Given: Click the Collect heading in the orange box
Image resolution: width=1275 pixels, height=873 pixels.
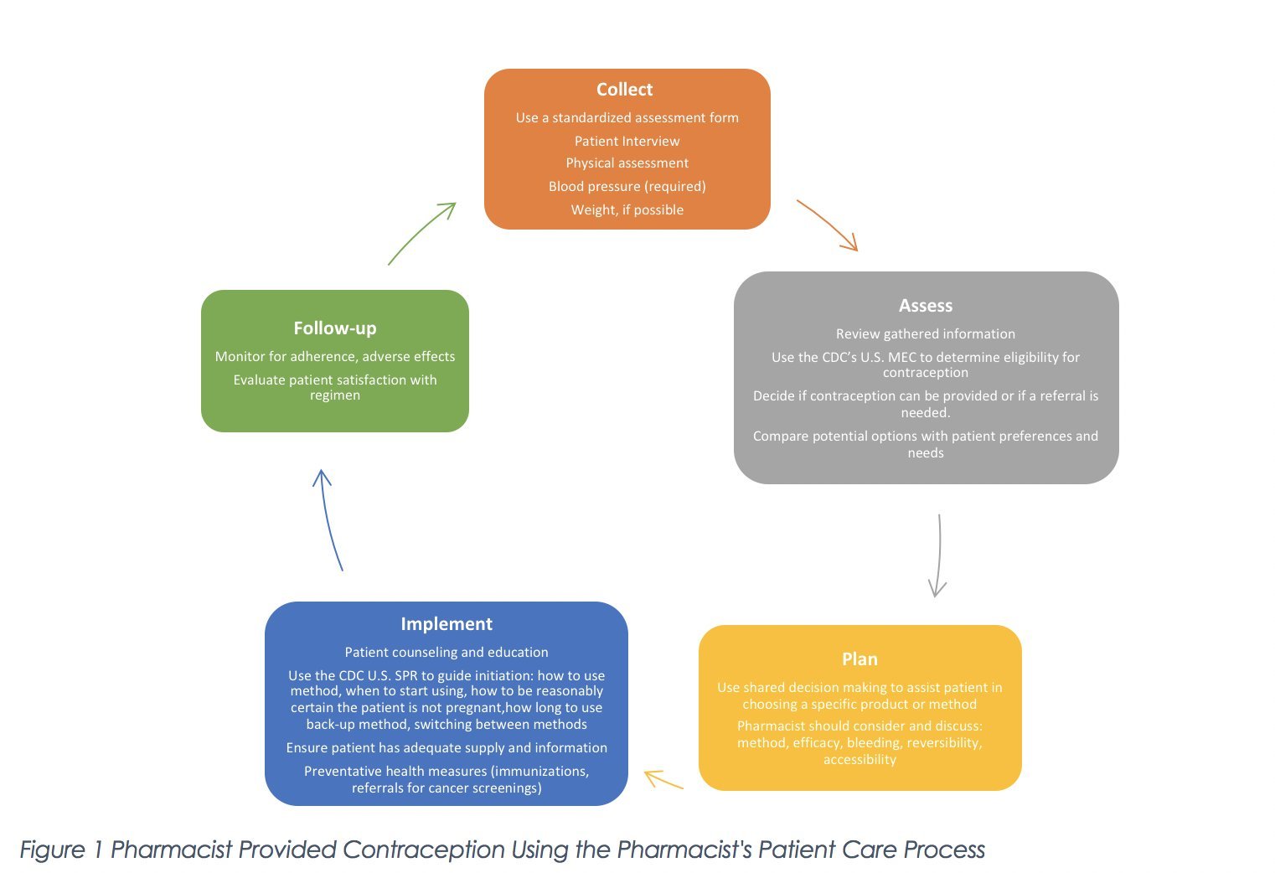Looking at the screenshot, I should [x=624, y=90].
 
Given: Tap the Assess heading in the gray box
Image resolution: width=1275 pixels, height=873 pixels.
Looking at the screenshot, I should [x=925, y=306].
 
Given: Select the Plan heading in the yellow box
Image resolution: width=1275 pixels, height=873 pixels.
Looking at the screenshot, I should [x=859, y=659].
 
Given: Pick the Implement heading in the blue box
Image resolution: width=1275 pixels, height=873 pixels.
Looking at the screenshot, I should [x=446, y=624].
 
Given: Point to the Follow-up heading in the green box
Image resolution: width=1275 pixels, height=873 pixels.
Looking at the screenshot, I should [x=334, y=328].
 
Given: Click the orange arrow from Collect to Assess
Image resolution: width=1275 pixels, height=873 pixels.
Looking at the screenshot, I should [x=828, y=225].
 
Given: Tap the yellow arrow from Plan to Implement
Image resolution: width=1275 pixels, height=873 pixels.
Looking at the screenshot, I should [x=663, y=780].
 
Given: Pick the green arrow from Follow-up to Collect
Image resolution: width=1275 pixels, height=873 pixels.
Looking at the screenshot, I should [x=421, y=234].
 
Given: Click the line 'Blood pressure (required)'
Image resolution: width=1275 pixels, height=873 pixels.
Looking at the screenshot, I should [x=627, y=186].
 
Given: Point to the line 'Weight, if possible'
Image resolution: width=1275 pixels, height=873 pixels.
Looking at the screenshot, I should [x=627, y=209].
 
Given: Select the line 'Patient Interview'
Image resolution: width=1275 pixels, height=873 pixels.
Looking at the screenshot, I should [x=627, y=141].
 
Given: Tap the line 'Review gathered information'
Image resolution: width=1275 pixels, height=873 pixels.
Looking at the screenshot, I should [x=925, y=333].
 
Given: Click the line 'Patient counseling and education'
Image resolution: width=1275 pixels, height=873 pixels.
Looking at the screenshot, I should [x=446, y=652].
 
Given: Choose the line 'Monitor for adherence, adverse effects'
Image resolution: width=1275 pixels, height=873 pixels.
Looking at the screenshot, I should [x=334, y=356].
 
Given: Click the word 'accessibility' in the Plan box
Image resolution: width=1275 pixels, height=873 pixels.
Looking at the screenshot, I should [x=859, y=759].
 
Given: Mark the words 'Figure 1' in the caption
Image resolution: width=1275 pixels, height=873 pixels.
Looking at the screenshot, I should [x=61, y=850].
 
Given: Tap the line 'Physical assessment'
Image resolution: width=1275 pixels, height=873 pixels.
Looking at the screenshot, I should [x=627, y=163].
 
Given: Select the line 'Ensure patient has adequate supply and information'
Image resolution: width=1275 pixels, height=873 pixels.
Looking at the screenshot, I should [x=446, y=747].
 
